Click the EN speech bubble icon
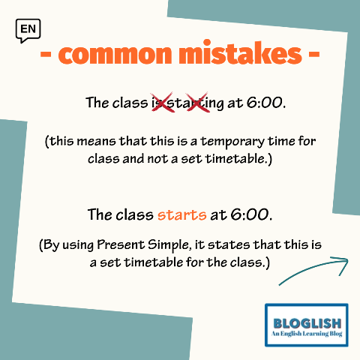(28, 31)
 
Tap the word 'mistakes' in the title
(240, 52)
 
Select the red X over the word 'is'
(162, 102)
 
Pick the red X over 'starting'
(198, 102)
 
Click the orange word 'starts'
(182, 214)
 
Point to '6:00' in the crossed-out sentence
(265, 103)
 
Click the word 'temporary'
(232, 142)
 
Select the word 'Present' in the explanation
(121, 244)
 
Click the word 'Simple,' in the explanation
(169, 245)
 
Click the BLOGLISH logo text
(307, 323)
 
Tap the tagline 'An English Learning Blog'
(307, 334)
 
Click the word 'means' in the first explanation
(96, 142)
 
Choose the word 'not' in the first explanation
(157, 159)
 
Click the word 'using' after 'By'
(78, 245)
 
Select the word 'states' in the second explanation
(229, 245)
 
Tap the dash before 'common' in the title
(46, 55)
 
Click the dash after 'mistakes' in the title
(314, 55)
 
